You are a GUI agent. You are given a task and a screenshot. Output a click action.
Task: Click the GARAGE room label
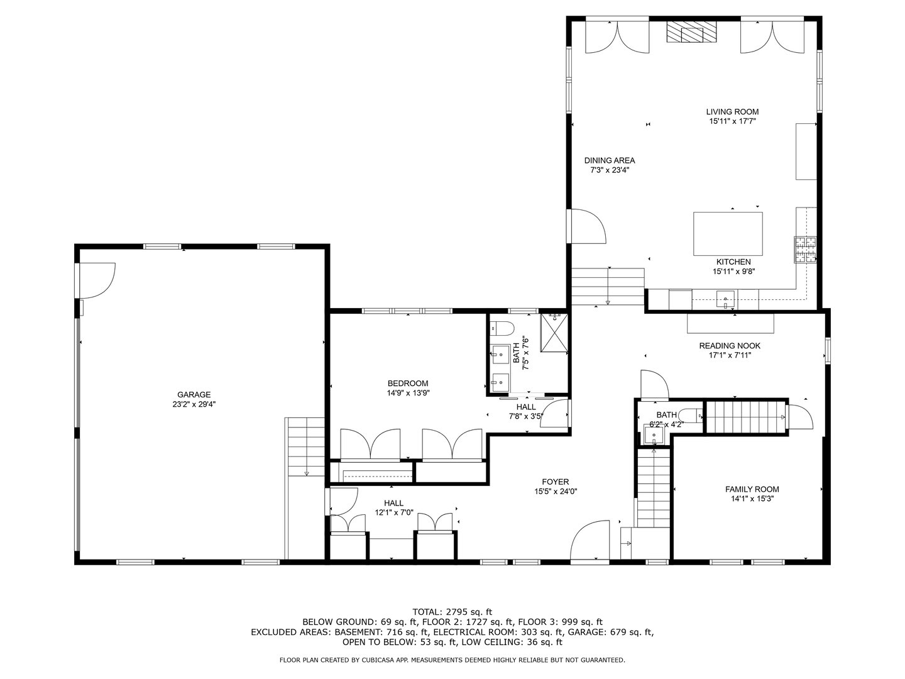[194, 395]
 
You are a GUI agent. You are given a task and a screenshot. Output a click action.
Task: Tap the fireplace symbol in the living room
[691, 32]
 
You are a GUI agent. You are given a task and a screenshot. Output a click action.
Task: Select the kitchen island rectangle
[728, 234]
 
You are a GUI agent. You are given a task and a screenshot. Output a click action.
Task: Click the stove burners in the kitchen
[804, 250]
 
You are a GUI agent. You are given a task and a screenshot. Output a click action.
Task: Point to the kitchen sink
[726, 298]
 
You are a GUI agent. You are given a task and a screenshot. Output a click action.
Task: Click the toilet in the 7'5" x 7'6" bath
[503, 328]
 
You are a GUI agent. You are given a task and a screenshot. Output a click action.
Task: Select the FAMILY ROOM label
[752, 489]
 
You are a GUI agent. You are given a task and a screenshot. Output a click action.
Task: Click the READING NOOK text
[730, 346]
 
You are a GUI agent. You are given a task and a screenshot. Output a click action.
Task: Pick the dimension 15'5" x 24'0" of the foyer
[556, 492]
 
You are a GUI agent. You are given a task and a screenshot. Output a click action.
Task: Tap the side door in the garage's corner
[96, 280]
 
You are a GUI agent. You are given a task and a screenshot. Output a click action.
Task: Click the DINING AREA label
[609, 160]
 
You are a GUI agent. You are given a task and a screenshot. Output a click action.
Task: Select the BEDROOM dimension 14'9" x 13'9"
[408, 393]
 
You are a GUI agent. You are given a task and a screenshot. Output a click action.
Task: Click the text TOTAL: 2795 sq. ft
[452, 611]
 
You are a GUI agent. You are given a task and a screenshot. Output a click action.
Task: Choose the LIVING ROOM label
[732, 112]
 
